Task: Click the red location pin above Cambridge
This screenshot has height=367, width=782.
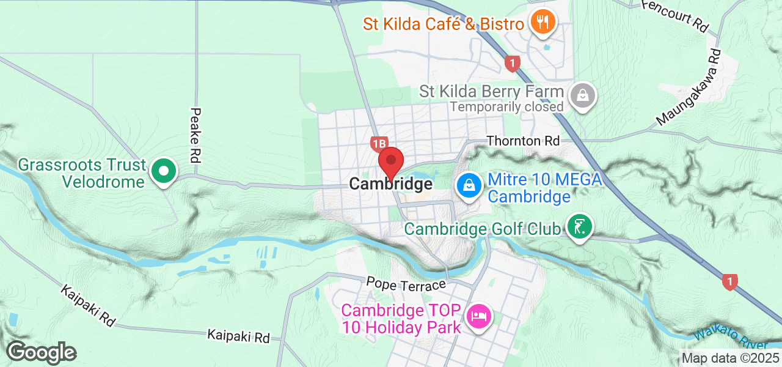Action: pyautogui.click(x=391, y=161)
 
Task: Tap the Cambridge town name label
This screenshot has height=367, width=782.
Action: pyautogui.click(x=391, y=183)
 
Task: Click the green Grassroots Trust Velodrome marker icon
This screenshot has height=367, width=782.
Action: pyautogui.click(x=164, y=171)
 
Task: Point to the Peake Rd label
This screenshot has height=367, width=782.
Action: pyautogui.click(x=195, y=135)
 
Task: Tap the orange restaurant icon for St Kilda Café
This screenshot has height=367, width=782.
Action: pyautogui.click(x=541, y=23)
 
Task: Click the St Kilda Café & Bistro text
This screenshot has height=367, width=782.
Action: pyautogui.click(x=444, y=24)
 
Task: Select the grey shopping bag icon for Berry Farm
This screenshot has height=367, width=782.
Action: pyautogui.click(x=583, y=95)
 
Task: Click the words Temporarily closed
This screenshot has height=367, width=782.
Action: pyautogui.click(x=506, y=106)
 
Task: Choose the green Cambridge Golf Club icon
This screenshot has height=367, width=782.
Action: pyautogui.click(x=579, y=227)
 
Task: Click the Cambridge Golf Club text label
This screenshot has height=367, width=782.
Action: pyautogui.click(x=483, y=229)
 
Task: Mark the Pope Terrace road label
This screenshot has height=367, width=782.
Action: pyautogui.click(x=406, y=284)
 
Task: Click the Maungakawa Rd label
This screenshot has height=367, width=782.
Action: pyautogui.click(x=689, y=88)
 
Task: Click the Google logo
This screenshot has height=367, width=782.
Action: pyautogui.click(x=41, y=352)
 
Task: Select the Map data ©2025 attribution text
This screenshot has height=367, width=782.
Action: pyautogui.click(x=731, y=358)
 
